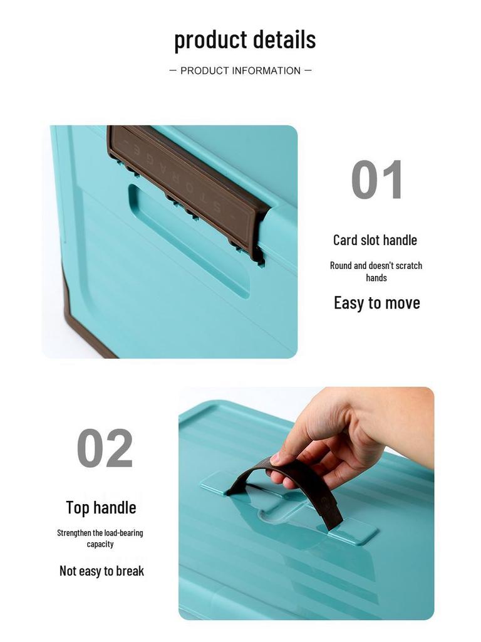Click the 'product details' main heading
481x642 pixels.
[245, 39]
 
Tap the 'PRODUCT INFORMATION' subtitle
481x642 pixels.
[240, 71]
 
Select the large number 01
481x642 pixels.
[376, 180]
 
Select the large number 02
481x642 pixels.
[105, 448]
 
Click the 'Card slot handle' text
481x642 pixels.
[375, 240]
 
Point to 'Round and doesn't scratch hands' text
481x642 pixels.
[376, 271]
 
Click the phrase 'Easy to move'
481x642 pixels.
[376, 303]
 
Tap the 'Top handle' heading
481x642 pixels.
[101, 507]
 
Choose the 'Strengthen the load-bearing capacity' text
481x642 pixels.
[100, 538]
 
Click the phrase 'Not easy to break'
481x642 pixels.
[101, 571]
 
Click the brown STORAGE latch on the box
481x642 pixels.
[188, 182]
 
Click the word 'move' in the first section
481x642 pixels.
[402, 303]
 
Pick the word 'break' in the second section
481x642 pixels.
[128, 571]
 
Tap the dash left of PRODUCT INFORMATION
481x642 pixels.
[173, 71]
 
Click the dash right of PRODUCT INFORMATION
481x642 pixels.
[308, 71]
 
